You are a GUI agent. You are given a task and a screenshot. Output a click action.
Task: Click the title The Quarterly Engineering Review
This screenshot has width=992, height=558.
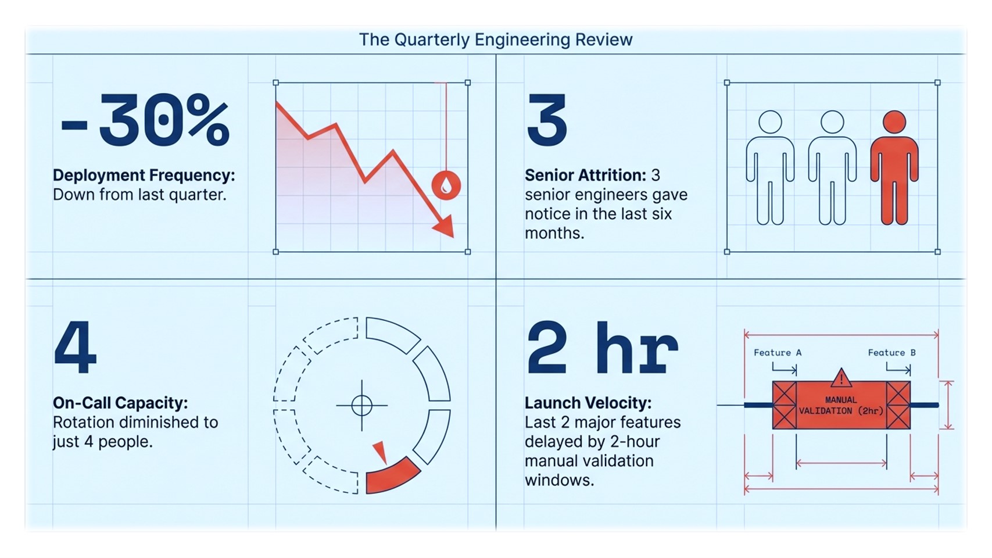point(495,40)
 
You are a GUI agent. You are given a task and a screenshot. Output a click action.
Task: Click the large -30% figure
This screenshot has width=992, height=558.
point(145,120)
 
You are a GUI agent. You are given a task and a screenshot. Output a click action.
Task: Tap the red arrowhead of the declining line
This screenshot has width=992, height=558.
point(445,226)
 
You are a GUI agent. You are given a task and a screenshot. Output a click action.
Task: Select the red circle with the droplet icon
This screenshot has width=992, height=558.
point(446,185)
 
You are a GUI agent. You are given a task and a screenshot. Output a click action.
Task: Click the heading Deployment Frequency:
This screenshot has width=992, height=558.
point(144,175)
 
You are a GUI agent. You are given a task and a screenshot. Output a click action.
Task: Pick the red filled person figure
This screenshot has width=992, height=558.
point(894,169)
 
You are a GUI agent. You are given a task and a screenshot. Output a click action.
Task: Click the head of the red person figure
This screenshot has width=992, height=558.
point(894,122)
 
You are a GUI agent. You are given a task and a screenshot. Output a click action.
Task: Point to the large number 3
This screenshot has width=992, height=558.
point(546,120)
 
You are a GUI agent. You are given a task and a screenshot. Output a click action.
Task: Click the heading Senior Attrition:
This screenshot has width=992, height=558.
point(585,175)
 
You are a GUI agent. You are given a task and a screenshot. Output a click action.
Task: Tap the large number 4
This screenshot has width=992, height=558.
point(75,348)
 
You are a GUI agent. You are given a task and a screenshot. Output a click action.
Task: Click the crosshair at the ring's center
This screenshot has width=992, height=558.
point(361,405)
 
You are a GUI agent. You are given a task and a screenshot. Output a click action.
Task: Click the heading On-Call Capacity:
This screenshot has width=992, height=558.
point(120,403)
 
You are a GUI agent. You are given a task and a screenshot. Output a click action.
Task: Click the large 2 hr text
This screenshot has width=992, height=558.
point(602,348)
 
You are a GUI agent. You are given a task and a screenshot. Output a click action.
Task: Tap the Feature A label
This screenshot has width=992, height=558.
point(777,352)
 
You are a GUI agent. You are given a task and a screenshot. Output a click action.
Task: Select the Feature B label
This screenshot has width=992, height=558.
point(891,352)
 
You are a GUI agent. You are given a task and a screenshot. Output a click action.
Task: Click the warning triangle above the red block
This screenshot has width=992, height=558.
point(841,378)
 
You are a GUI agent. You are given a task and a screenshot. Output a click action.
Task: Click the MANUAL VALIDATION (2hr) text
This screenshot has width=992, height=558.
point(841,405)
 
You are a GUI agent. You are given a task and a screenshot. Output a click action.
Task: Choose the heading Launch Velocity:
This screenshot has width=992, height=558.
point(588,403)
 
